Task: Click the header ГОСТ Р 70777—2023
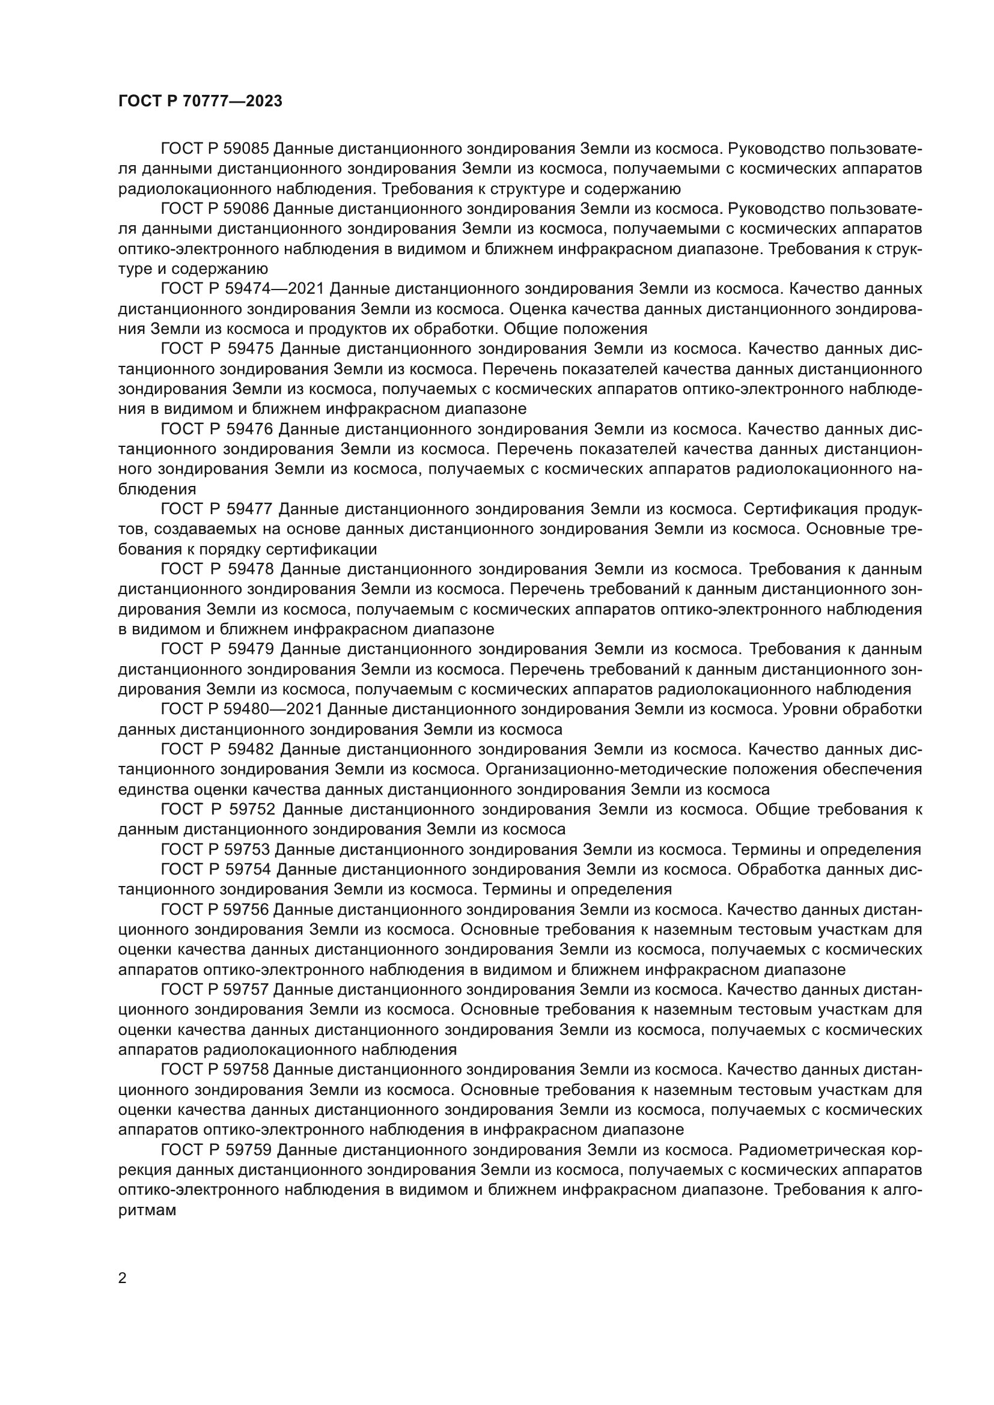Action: (x=200, y=102)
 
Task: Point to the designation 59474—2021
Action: (x=275, y=289)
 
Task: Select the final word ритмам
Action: (x=147, y=1210)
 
